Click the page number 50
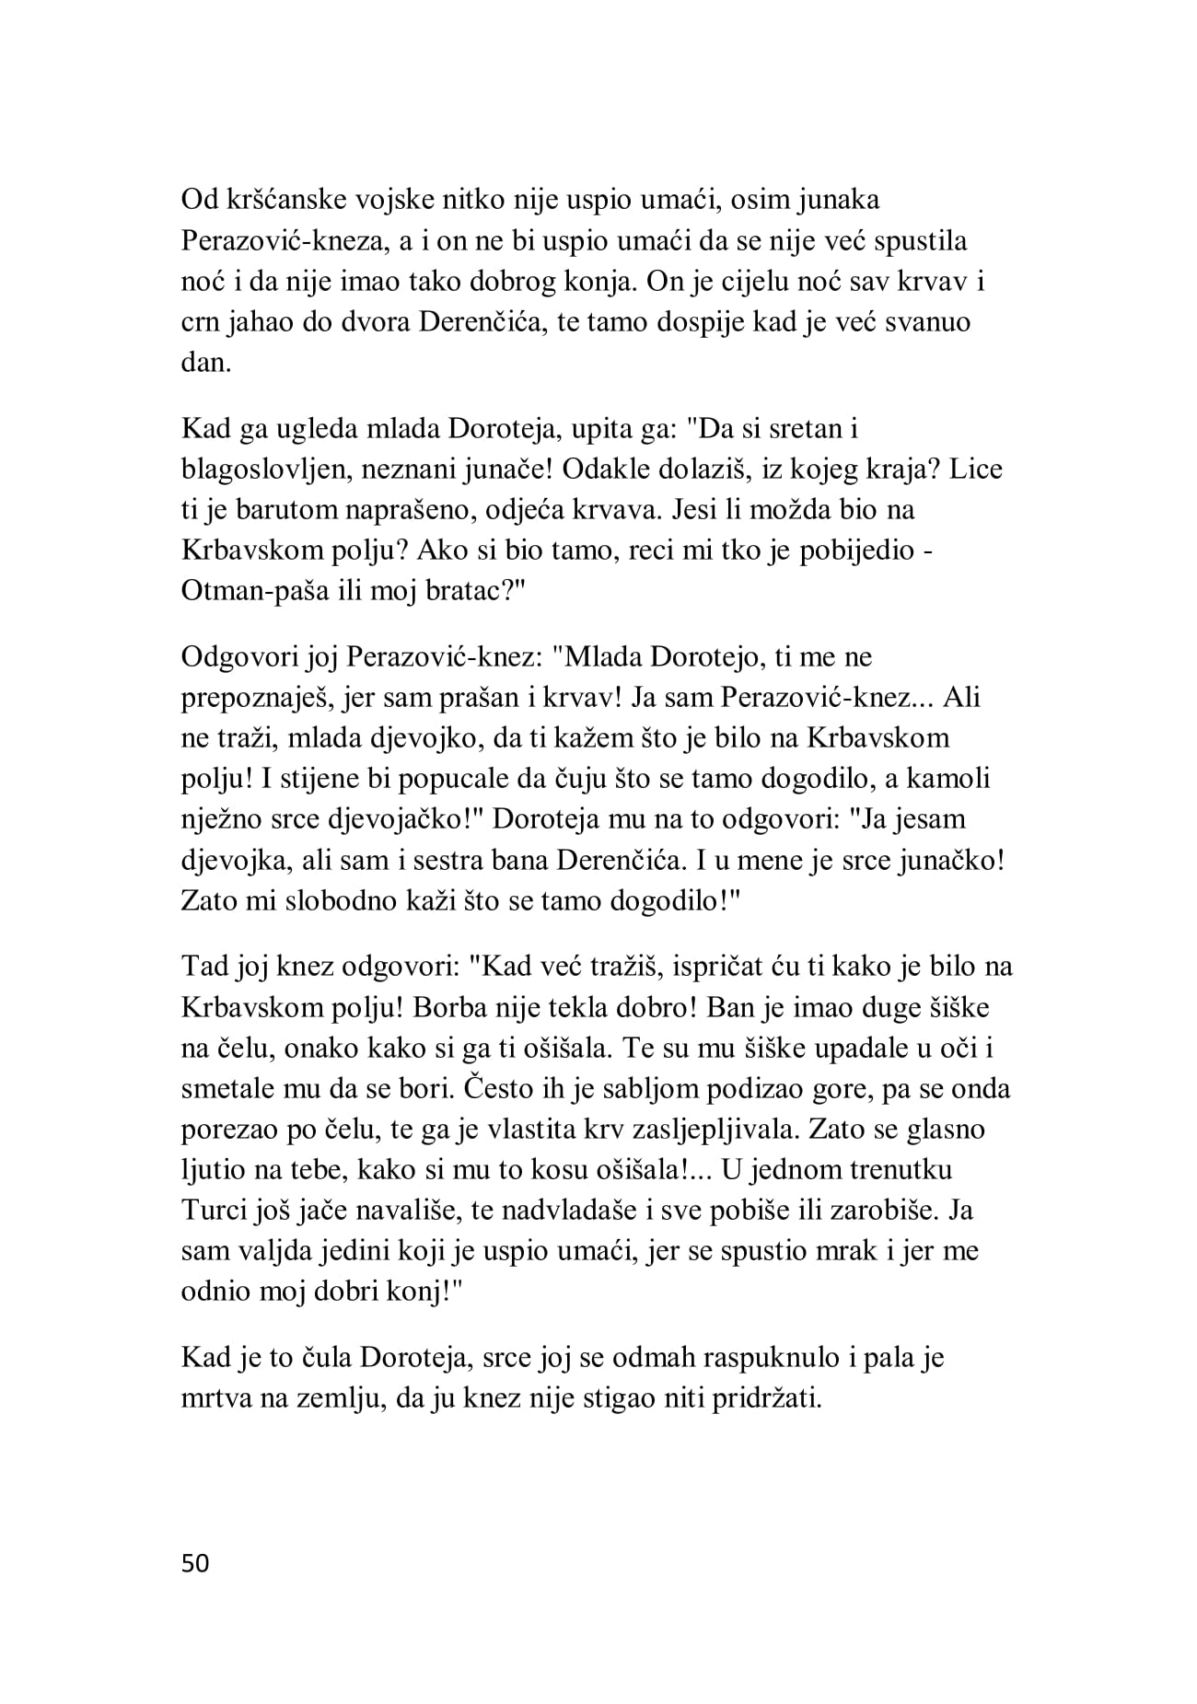(196, 1563)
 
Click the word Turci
(213, 1211)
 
